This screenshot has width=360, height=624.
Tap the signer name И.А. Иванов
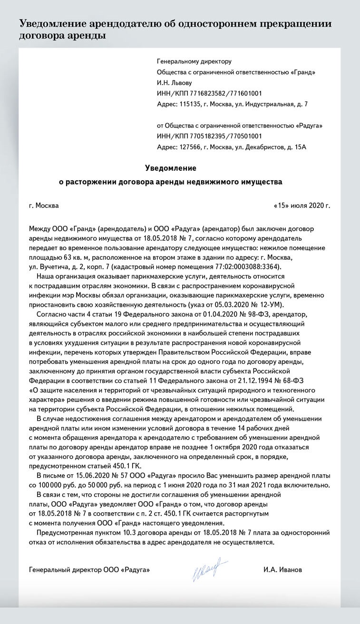(x=282, y=569)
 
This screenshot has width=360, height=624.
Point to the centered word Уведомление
(x=170, y=168)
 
